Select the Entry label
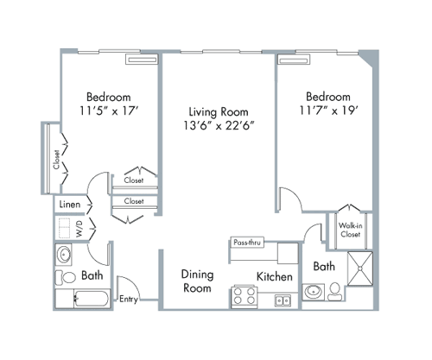pyautogui.click(x=129, y=299)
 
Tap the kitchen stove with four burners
pyautogui.click(x=243, y=298)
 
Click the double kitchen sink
pyautogui.click(x=282, y=300)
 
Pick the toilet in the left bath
pyautogui.click(x=66, y=278)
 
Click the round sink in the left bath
pyautogui.click(x=66, y=256)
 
